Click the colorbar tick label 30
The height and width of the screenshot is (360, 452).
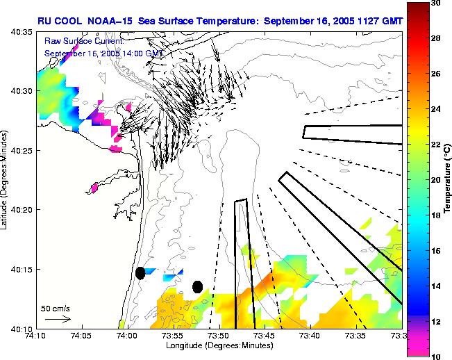tap(435, 3)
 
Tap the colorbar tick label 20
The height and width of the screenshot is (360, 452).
tap(435, 180)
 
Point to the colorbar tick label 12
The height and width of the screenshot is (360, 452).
tap(435, 322)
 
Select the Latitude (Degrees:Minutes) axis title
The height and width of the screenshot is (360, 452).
tap(6, 179)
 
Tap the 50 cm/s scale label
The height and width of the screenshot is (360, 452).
tap(55, 307)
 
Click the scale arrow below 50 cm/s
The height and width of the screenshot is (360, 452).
tap(58, 319)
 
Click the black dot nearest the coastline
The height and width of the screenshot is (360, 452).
tap(140, 273)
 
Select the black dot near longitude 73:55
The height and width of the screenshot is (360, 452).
tap(197, 286)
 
